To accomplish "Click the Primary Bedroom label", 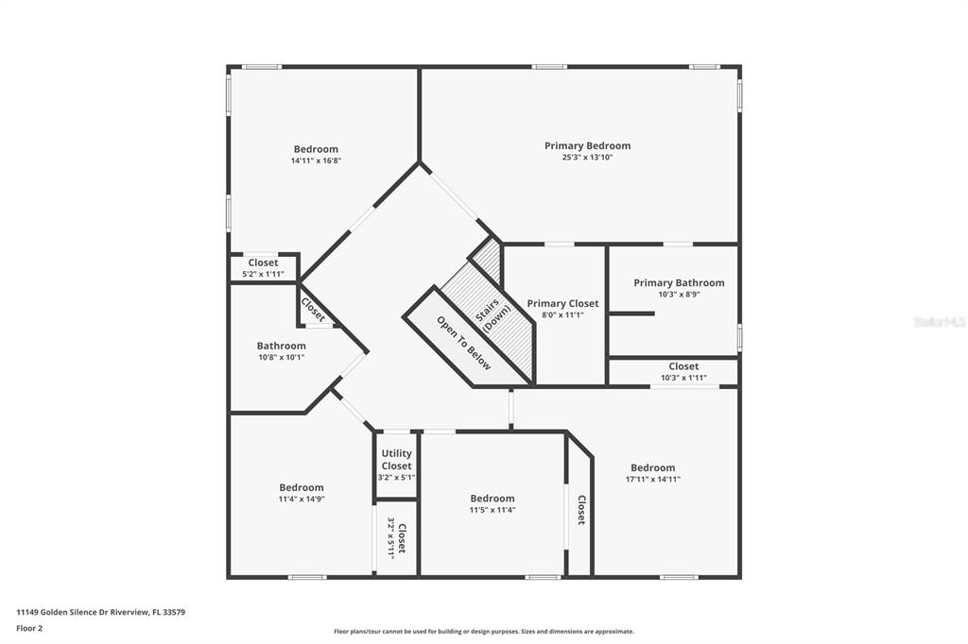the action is coord(587,145).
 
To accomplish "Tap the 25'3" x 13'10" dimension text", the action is coord(587,158).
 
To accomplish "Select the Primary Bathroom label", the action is coord(679,282).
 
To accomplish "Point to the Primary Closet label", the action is coord(562,303).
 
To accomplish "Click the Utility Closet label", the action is coord(396,460).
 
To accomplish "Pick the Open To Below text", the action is coord(464,343).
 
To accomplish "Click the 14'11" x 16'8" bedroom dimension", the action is coord(316,161).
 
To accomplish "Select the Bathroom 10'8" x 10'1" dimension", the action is coord(282,357).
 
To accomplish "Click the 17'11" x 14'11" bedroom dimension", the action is coord(652,479).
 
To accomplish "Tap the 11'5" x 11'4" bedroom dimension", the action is coord(492,510).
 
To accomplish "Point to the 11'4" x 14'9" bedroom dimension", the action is coord(302,499).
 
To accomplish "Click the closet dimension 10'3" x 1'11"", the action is coord(683,378).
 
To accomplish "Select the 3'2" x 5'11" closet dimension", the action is coord(390,538).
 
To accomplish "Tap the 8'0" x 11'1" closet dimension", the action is coord(562,314).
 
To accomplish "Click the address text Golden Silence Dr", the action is coord(71,612).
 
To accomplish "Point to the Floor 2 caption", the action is coord(29,629).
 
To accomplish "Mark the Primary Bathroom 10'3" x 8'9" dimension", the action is coord(679,295).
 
